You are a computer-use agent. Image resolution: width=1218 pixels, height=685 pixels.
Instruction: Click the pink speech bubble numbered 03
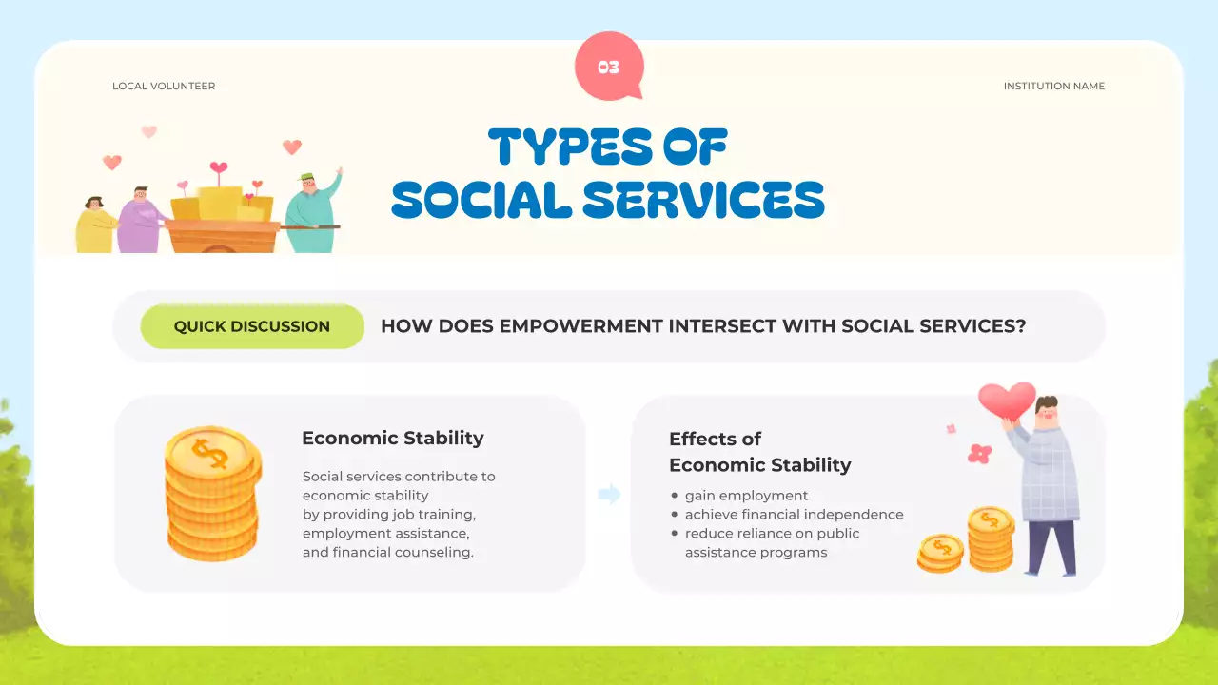[x=609, y=66]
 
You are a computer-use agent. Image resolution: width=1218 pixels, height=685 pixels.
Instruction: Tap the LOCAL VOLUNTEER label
[x=164, y=86]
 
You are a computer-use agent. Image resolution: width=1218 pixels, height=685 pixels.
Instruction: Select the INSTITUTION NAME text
[x=1053, y=86]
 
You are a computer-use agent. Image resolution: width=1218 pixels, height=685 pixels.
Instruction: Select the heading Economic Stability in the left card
[x=393, y=439]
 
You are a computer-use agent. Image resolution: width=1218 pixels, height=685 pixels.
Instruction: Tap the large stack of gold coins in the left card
[x=213, y=493]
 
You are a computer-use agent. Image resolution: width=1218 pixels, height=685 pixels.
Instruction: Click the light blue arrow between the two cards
[x=609, y=494]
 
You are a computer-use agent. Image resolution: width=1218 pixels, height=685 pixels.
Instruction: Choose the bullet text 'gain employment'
[x=746, y=496]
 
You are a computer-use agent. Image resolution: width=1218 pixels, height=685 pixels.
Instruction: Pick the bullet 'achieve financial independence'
[x=794, y=515]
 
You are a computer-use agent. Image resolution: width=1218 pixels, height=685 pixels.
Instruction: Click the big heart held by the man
[x=1007, y=401]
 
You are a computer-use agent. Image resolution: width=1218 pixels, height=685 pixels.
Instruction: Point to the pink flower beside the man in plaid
[x=979, y=454]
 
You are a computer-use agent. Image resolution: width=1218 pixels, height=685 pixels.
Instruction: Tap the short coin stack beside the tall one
[x=940, y=554]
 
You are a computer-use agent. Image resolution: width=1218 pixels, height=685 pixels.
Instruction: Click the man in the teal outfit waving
[x=314, y=212]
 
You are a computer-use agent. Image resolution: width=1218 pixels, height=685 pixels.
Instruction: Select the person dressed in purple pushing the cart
[x=140, y=220]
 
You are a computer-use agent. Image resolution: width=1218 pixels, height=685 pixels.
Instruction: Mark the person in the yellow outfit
[x=96, y=225]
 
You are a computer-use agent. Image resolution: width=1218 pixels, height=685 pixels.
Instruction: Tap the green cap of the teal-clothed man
[x=306, y=177]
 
